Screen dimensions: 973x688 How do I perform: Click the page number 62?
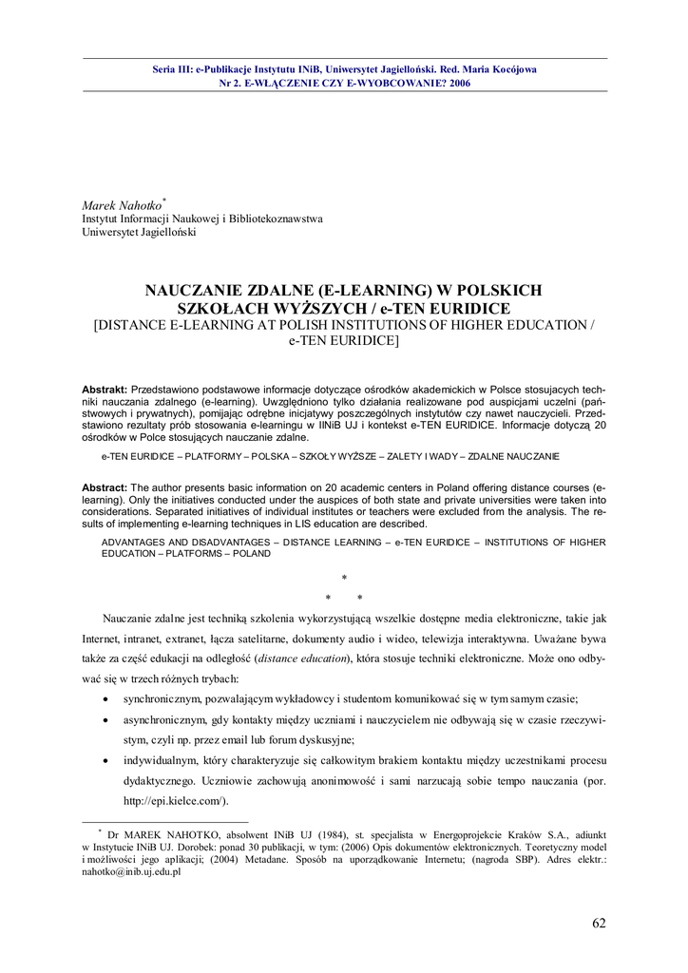point(598,923)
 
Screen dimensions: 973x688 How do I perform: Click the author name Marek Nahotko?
point(122,205)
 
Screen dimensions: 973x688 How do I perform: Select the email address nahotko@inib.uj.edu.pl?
point(130,871)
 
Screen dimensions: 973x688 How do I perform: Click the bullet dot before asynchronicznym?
point(103,721)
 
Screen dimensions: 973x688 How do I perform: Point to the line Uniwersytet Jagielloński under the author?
point(139,232)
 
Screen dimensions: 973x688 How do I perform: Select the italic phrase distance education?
point(303,658)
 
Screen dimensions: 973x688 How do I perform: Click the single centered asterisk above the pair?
point(344,578)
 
